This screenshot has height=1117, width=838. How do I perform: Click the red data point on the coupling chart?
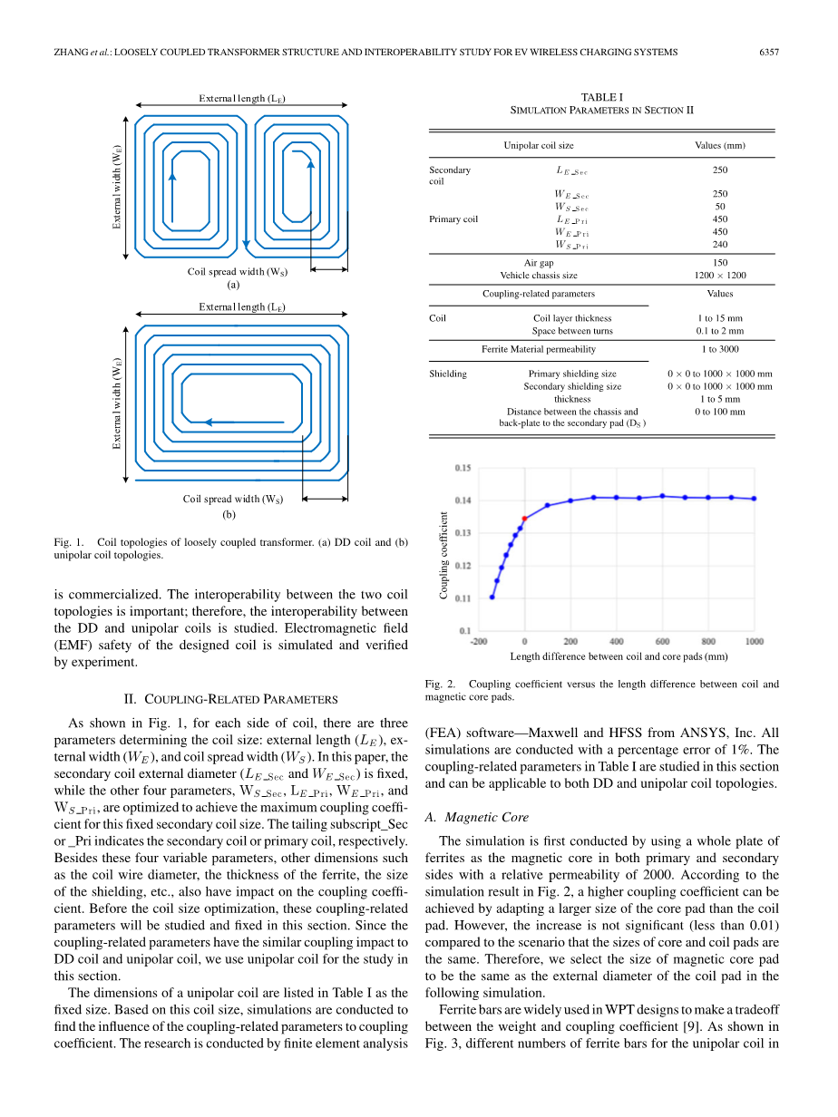tap(524, 519)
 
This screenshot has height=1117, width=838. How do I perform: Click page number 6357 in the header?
tap(769, 53)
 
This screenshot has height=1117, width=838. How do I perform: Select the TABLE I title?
tap(601, 97)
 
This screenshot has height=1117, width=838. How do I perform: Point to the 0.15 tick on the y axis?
tap(463, 468)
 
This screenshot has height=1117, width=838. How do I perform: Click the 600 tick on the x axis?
tap(663, 642)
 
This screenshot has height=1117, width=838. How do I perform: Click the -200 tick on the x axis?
tap(479, 642)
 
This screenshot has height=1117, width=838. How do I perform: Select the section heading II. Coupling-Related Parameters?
tap(230, 699)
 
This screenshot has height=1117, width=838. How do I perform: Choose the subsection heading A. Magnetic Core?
tap(476, 817)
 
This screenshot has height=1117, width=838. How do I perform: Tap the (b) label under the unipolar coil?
tap(229, 514)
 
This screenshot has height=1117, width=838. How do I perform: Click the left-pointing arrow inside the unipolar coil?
tap(218, 422)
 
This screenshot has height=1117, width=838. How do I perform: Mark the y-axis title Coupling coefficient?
tap(444, 555)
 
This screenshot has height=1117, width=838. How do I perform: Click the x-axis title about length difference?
tap(619, 656)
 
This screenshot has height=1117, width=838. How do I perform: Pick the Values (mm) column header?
tap(720, 145)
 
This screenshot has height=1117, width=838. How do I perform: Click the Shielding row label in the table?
tap(448, 374)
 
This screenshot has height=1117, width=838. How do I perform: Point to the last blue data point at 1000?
tap(754, 499)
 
